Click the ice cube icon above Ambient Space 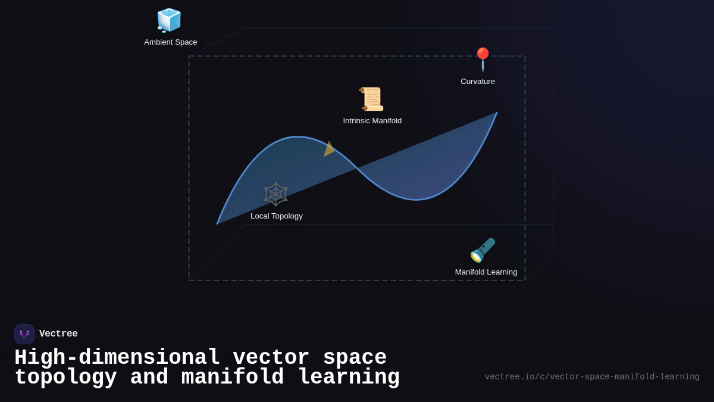(x=169, y=20)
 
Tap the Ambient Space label (x=171, y=42)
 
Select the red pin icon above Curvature (x=483, y=60)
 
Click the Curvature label (x=478, y=82)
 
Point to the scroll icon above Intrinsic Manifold (x=372, y=99)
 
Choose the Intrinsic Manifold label (x=372, y=121)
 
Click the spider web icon (x=275, y=194)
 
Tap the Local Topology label (x=277, y=216)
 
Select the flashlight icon (x=483, y=250)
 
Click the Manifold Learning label (x=486, y=272)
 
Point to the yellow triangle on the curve (x=328, y=149)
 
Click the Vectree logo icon (x=24, y=334)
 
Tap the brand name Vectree (x=58, y=334)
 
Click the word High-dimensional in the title (x=117, y=358)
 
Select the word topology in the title (x=65, y=378)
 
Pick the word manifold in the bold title (x=233, y=378)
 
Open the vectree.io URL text (x=592, y=377)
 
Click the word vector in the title (x=271, y=358)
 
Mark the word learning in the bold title (x=348, y=378)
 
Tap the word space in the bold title (x=355, y=358)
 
